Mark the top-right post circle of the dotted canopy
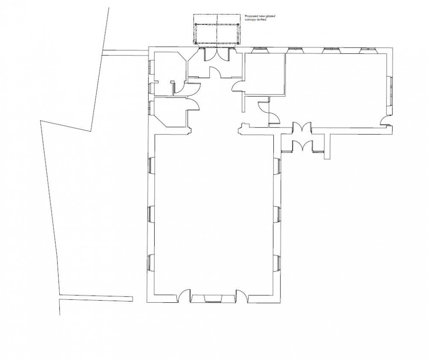[238, 24]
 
